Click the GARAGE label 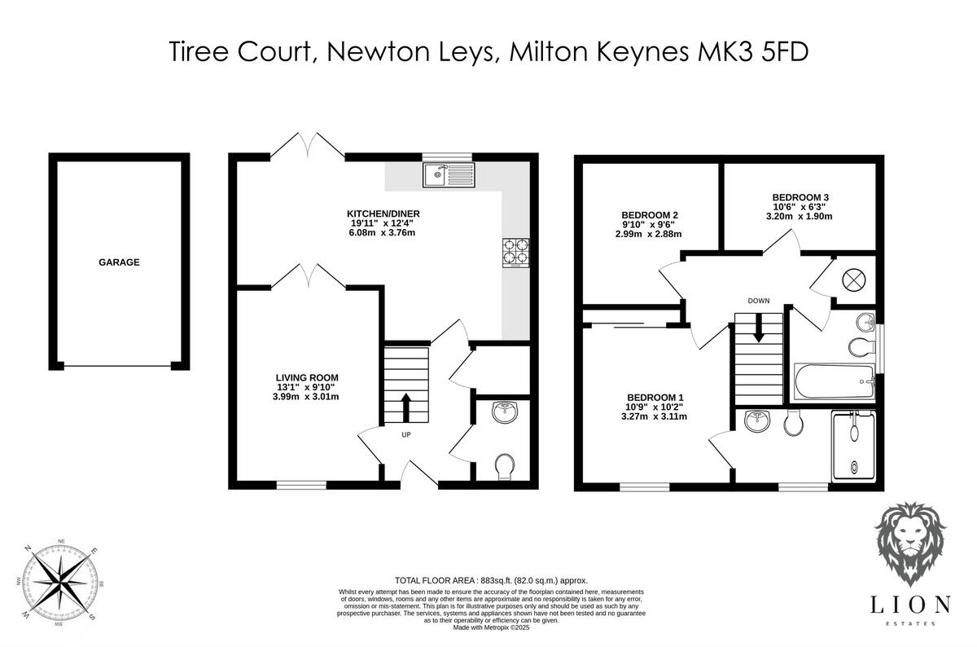120,262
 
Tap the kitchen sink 448,174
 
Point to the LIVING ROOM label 306,376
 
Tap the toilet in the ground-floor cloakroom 505,467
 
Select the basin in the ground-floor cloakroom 506,413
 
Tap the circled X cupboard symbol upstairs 852,279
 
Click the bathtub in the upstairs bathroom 833,382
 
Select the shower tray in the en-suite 852,447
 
